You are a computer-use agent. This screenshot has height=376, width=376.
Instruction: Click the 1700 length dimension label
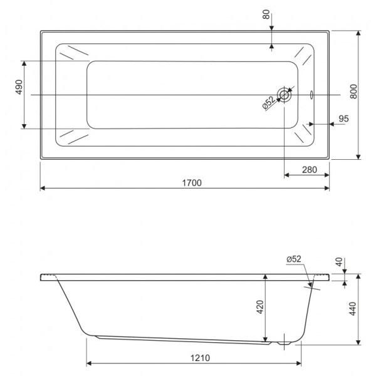(x=191, y=182)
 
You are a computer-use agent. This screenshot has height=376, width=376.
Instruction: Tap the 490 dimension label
(x=19, y=88)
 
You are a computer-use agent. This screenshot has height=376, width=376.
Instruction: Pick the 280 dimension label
(x=308, y=169)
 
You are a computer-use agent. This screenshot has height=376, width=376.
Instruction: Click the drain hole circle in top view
(x=285, y=95)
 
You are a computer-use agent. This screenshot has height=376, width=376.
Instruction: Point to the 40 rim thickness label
(x=339, y=262)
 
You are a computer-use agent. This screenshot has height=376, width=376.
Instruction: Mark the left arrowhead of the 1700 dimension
(x=43, y=187)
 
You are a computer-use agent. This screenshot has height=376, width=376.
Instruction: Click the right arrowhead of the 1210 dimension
(x=299, y=363)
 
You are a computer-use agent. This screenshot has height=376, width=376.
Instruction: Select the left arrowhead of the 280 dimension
(x=287, y=175)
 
